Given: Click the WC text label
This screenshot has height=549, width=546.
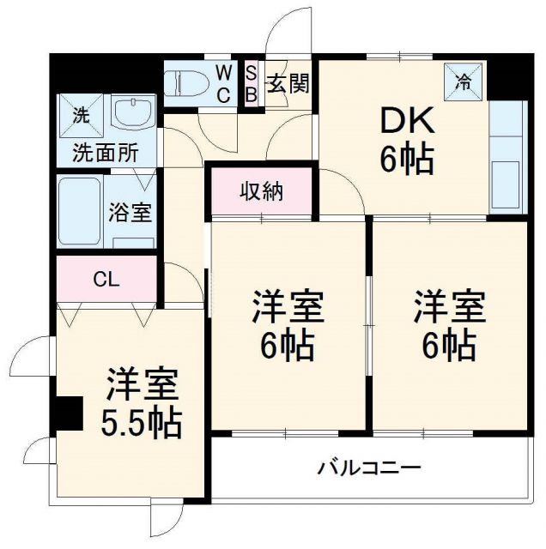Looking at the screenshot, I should pos(221,83).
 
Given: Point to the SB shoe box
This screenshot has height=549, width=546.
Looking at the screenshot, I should pos(251,84).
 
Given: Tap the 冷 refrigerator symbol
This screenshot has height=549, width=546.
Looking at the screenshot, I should pos(463,82).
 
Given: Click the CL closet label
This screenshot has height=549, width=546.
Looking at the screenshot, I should pos(107,280).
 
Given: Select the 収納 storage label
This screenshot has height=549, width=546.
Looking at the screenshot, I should pos(261,191).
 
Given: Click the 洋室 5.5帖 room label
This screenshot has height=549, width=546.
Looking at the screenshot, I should pos(143,402).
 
